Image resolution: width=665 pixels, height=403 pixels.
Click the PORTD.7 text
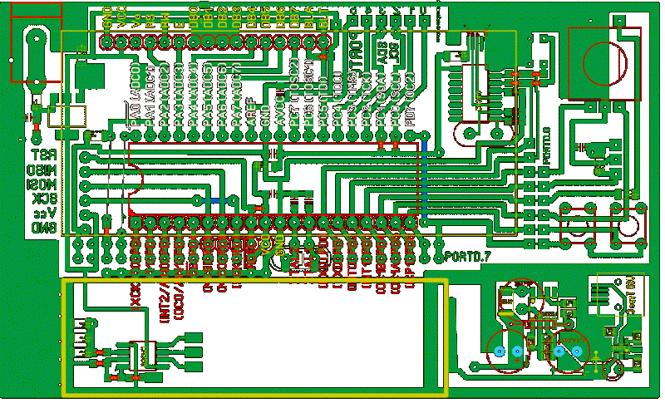[x=468, y=255]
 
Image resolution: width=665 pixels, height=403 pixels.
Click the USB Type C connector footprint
[x=622, y=295]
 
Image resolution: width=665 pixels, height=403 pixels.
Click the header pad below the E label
[x=180, y=41]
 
